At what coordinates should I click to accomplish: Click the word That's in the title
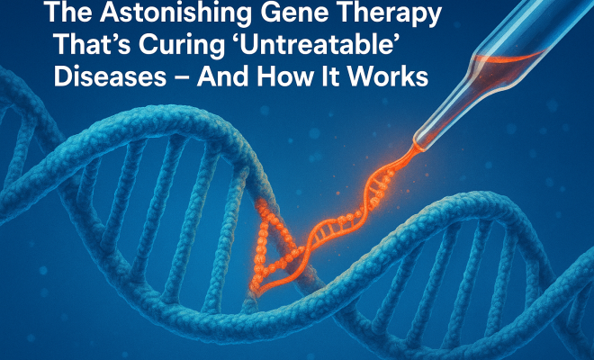pyautogui.click(x=93, y=46)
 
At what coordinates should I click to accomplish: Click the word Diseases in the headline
pyautogui.click(x=110, y=76)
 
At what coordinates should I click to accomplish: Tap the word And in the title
pyautogui.click(x=223, y=76)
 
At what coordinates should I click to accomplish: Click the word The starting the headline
pyautogui.click(x=68, y=12)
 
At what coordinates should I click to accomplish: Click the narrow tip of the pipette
pyautogui.click(x=418, y=147)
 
